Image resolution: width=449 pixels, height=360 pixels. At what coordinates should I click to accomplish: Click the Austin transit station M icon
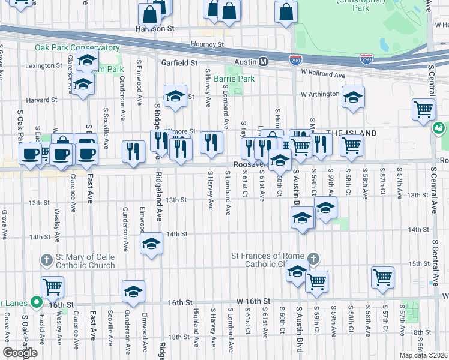click(262, 62)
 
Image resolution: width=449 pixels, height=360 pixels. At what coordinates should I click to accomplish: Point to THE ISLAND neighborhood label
click(352, 133)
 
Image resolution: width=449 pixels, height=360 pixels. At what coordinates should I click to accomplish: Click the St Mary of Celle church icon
click(46, 260)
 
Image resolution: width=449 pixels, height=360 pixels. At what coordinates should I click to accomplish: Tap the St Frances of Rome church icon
click(312, 259)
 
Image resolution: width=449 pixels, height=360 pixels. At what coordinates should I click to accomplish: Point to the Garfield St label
click(179, 62)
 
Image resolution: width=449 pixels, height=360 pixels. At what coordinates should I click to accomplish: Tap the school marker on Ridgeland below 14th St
click(152, 243)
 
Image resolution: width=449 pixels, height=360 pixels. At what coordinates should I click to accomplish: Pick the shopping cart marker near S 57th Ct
click(382, 277)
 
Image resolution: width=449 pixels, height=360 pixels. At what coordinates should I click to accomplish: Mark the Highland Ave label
click(195, 325)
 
